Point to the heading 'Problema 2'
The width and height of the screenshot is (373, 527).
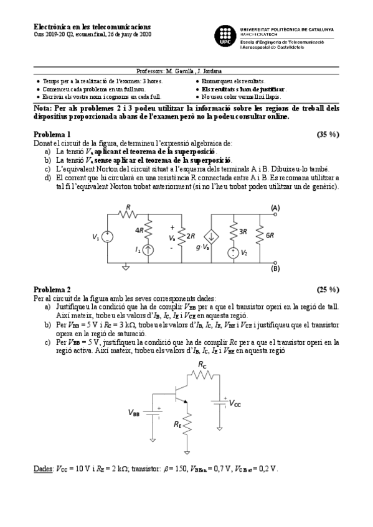[52, 290]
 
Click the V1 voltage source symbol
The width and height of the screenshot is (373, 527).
[107, 237]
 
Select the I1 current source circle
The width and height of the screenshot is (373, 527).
[148, 250]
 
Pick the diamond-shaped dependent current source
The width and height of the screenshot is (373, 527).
[213, 237]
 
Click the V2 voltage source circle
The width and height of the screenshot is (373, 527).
[232, 252]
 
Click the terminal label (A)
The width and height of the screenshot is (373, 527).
[275, 208]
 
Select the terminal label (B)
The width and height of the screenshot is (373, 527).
[275, 269]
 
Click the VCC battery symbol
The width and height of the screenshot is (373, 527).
[219, 403]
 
